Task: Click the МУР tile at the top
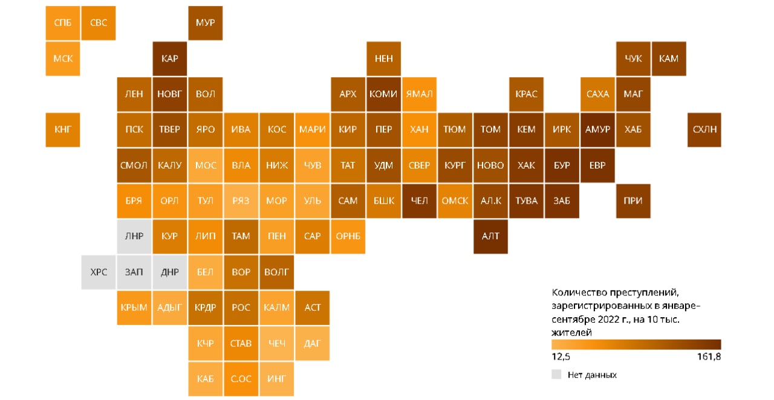click(205, 23)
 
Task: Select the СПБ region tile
click(62, 23)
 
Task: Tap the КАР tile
click(170, 59)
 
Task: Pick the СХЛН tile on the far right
click(704, 129)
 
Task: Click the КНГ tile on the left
click(62, 129)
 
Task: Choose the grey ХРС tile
click(99, 272)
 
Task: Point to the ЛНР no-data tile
click(134, 236)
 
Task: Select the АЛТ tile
click(490, 236)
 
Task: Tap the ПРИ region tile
click(633, 201)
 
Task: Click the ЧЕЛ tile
click(419, 201)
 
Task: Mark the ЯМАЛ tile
click(419, 94)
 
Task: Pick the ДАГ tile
click(313, 343)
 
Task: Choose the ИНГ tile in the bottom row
click(277, 379)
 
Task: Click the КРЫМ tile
click(134, 308)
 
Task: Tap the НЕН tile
click(383, 59)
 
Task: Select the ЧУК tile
click(633, 59)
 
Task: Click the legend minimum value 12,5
click(561, 357)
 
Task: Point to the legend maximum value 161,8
click(709, 357)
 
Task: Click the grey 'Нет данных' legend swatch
click(556, 375)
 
